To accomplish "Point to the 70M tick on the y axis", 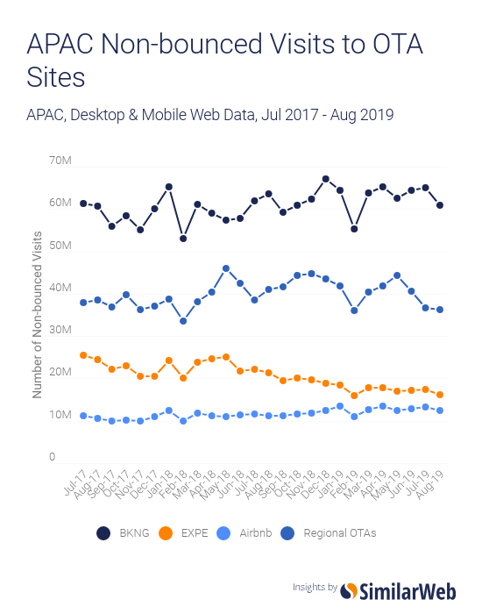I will [x=59, y=161].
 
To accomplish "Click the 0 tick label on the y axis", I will [x=52, y=457].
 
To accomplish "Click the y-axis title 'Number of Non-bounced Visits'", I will [x=38, y=314].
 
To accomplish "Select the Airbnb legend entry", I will [x=246, y=532].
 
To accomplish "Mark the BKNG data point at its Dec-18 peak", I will [x=325, y=179].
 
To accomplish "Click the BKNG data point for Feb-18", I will [x=183, y=239].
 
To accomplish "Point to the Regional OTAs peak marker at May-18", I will [x=226, y=268].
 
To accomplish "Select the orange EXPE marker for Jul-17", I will [x=83, y=355].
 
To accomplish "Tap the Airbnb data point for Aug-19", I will [x=439, y=411].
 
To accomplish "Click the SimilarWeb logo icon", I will [x=349, y=591].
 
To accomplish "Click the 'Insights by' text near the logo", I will [x=315, y=588].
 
